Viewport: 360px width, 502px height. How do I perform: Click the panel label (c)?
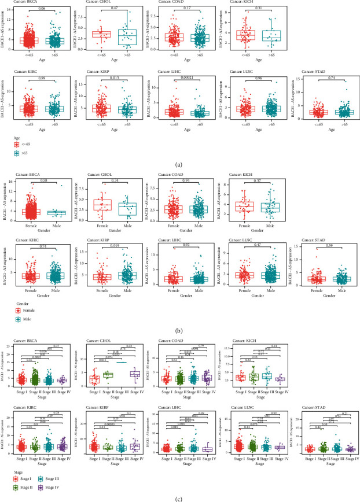(179, 497)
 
